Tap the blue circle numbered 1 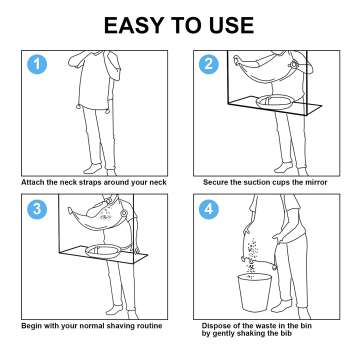coord(36,66)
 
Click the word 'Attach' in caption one coord(33,182)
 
